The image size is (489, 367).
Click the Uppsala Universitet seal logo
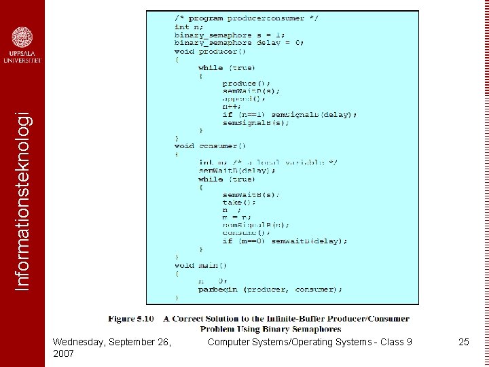pos(22,37)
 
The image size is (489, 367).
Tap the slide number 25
pos(464,342)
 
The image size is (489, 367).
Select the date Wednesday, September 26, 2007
pos(111,347)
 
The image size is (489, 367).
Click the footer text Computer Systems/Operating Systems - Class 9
pos(310,342)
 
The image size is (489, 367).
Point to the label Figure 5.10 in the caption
pos(130,318)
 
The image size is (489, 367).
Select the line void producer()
pos(211,51)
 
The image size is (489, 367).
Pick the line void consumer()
pos(211,145)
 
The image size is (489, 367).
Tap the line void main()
pos(201,265)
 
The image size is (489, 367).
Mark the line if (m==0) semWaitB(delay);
pos(285,241)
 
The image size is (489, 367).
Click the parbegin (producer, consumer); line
pos(270,290)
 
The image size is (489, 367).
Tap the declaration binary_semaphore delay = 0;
pos(239,43)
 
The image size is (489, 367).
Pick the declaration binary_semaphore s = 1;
pos(230,35)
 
